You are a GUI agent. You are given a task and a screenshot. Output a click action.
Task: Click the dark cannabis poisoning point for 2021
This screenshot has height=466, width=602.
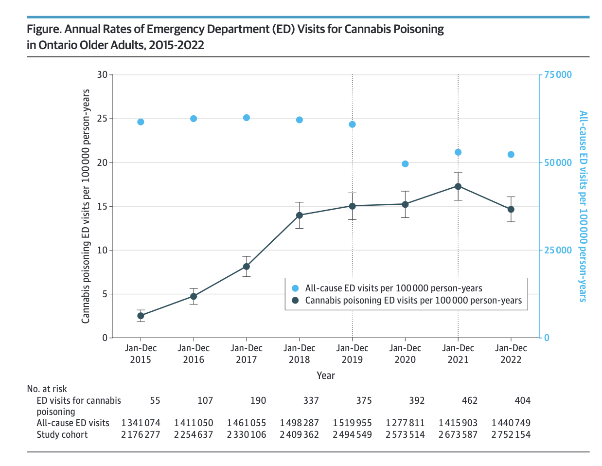[x=458, y=186]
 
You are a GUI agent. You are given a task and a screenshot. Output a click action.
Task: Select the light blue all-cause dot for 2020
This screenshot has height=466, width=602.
[x=405, y=164]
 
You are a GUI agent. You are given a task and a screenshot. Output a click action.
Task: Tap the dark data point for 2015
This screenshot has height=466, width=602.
[x=141, y=316]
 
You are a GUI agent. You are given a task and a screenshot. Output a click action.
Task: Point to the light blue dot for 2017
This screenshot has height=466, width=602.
[x=247, y=118]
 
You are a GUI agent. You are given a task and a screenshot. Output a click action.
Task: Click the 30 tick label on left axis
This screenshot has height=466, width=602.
[x=102, y=75]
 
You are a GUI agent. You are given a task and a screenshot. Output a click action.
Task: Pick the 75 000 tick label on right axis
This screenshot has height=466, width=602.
[x=558, y=75]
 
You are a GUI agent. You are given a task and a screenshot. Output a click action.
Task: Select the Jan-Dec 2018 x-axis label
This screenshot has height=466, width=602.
[x=300, y=354]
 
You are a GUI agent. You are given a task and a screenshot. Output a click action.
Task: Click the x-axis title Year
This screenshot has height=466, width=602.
[x=325, y=376]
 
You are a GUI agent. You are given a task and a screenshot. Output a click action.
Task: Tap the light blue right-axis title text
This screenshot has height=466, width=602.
[x=583, y=206]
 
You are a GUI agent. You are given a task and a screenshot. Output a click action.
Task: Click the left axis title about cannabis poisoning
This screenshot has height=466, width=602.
[x=86, y=206]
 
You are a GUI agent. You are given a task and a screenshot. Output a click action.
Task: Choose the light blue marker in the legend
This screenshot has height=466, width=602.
[x=295, y=288]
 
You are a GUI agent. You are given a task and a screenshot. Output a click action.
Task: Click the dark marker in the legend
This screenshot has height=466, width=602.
[x=295, y=301]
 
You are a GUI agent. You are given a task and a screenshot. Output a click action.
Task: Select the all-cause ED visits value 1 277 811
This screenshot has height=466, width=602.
[x=405, y=423]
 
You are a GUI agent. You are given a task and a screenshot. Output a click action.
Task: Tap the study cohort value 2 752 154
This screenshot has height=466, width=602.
[x=511, y=435]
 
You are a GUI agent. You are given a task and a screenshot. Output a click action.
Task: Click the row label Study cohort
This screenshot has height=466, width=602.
[x=62, y=435]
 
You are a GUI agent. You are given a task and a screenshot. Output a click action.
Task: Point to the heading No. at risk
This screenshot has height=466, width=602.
[x=47, y=389]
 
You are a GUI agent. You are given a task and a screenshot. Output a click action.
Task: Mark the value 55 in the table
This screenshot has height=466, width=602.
[x=155, y=401]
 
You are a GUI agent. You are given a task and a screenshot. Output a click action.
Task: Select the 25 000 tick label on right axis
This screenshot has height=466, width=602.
[x=558, y=251]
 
